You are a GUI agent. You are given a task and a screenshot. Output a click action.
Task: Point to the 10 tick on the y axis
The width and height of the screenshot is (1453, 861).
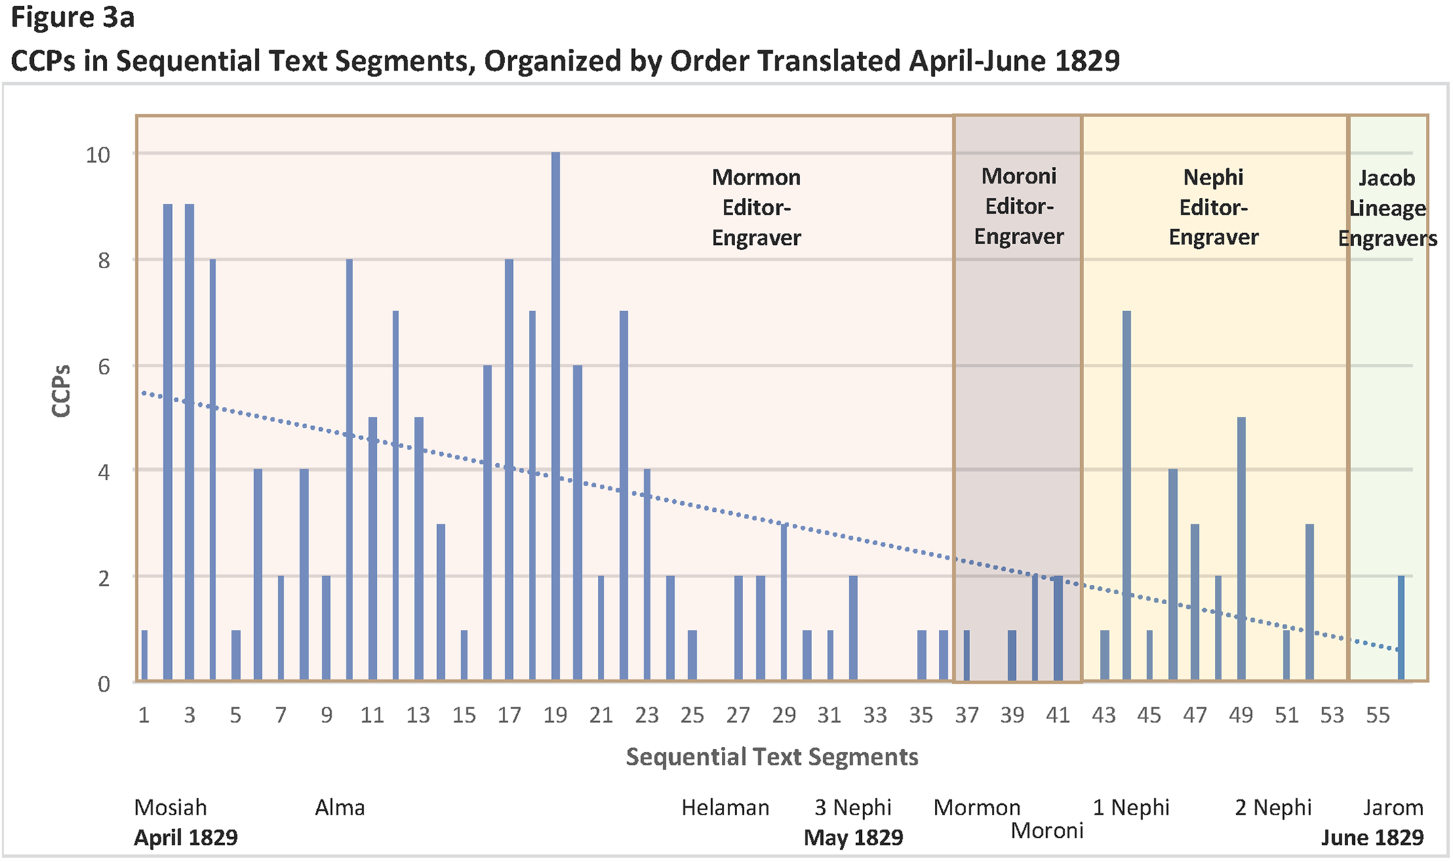[x=98, y=155]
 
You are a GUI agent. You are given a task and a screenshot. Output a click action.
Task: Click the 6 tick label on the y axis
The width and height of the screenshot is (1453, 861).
[x=104, y=366]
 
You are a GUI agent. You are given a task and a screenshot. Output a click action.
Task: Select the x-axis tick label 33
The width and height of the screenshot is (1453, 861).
[x=875, y=715]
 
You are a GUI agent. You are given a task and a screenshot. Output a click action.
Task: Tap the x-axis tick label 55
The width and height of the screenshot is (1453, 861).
[x=1377, y=715]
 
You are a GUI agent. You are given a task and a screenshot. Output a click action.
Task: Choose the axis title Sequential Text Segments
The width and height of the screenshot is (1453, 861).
[x=772, y=757]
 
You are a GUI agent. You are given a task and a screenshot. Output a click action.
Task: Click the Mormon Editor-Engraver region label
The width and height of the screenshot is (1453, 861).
[x=756, y=207]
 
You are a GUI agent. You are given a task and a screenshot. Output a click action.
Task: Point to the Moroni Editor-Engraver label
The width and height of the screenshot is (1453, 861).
[x=1018, y=206]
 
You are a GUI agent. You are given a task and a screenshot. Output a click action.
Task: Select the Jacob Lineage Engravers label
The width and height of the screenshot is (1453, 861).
[x=1387, y=208]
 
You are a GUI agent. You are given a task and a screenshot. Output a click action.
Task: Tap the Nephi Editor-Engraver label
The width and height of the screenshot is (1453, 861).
[x=1213, y=207]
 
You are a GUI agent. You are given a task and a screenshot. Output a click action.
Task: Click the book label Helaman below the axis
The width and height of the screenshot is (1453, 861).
[x=725, y=808]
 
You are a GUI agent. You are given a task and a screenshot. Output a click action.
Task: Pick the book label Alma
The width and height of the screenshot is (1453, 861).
[x=340, y=808]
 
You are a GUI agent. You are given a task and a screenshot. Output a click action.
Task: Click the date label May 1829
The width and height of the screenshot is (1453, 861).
[x=853, y=838]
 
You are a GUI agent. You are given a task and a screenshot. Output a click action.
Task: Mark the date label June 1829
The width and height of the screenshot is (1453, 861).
[x=1372, y=838]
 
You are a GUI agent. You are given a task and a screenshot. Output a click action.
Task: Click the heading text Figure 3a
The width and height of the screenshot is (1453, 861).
[x=73, y=18]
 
